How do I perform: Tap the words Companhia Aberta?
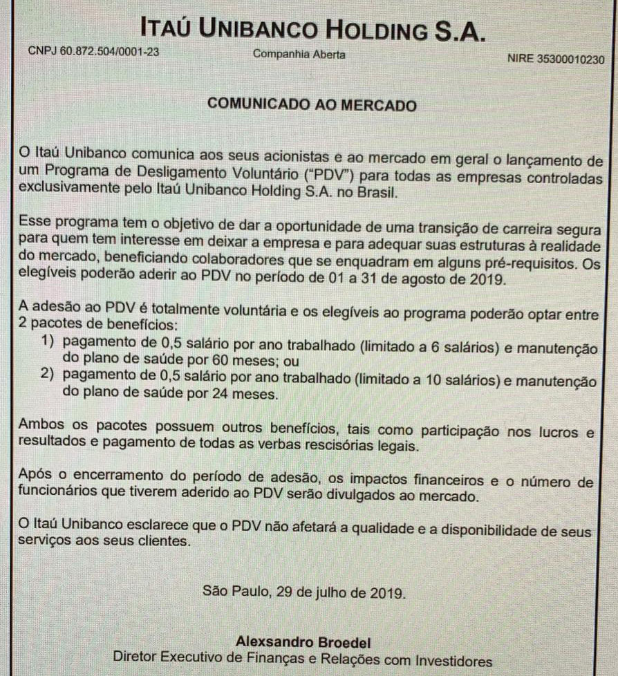point(299,54)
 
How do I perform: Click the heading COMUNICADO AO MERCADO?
point(312,106)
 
